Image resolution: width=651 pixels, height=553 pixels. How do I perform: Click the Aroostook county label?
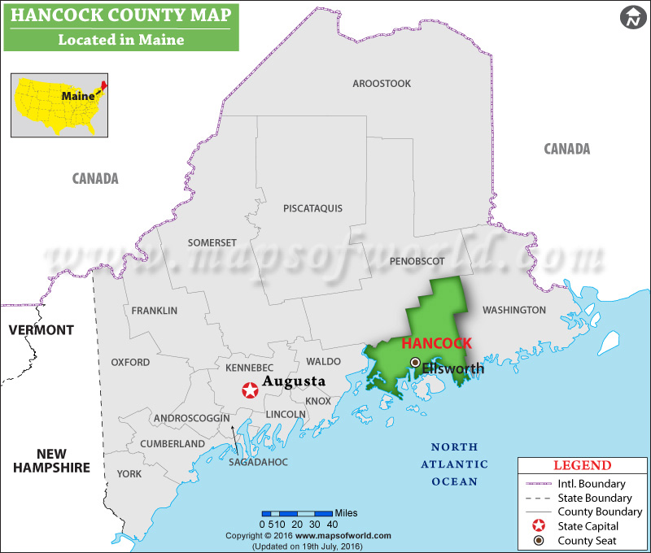point(382,84)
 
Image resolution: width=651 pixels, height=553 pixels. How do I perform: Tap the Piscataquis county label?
point(312,208)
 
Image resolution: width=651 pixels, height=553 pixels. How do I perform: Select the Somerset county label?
point(212,242)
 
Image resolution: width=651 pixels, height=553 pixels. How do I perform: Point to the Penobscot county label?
point(417,261)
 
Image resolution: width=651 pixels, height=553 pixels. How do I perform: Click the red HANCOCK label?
point(431,344)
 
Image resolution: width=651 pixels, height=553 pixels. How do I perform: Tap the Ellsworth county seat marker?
point(415,362)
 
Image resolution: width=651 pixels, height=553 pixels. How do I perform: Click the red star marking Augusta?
point(249,390)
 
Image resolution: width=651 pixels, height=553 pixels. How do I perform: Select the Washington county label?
point(513,310)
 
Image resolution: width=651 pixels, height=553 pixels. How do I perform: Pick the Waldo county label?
point(323,361)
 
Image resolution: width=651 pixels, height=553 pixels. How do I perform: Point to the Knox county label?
point(318,401)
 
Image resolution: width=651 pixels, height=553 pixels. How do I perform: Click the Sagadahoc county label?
point(260,462)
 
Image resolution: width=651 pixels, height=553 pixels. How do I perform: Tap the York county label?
point(129,473)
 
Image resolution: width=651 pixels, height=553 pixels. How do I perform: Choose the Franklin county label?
point(154,310)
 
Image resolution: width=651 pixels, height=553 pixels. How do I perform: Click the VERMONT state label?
point(41,330)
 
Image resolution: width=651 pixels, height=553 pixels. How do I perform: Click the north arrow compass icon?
point(631,18)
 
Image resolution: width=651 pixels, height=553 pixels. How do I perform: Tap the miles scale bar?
point(297,513)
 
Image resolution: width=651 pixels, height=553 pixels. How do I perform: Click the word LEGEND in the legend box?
point(582,466)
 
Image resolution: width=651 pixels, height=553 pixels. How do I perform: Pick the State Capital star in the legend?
point(538,526)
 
